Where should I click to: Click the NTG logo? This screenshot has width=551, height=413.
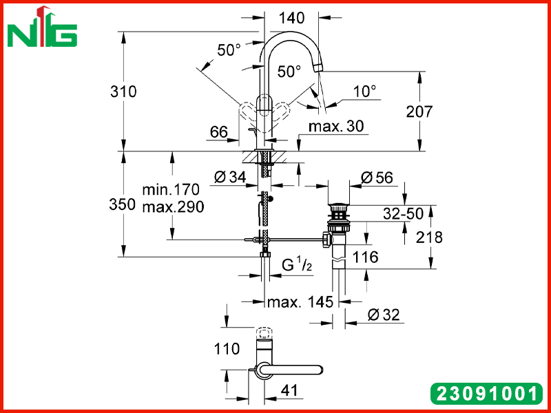click(x=42, y=28)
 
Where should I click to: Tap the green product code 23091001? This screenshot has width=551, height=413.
click(x=486, y=393)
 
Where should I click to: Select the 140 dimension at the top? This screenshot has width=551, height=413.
click(x=291, y=18)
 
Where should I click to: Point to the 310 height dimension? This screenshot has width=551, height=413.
click(x=123, y=92)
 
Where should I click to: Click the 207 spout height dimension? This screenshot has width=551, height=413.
click(x=419, y=112)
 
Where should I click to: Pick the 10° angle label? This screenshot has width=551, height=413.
click(x=365, y=92)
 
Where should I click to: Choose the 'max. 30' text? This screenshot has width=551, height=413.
click(x=336, y=127)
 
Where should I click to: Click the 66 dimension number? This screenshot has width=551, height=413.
click(x=219, y=132)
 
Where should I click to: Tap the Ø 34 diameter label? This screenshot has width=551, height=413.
click(x=230, y=178)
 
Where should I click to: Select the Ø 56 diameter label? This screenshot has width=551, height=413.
click(x=377, y=178)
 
